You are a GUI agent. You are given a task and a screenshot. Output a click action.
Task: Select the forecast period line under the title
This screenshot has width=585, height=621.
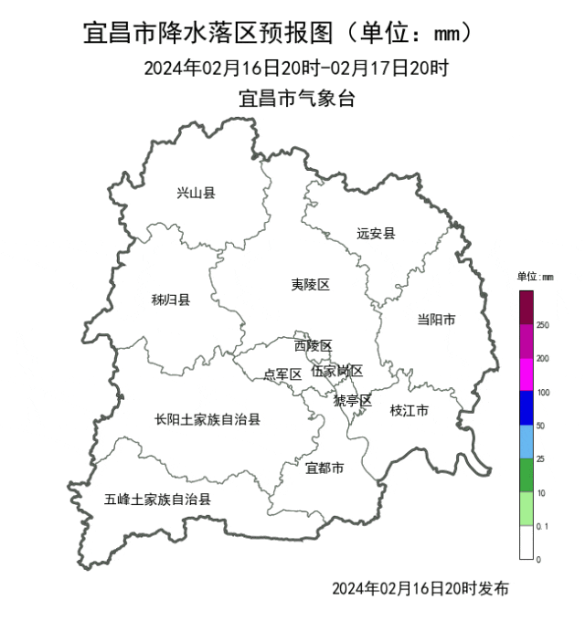tap(296, 68)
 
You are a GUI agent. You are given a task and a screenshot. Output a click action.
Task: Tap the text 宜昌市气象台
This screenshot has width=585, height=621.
tap(296, 99)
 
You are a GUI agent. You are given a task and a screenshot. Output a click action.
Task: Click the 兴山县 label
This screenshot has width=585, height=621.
tap(196, 193)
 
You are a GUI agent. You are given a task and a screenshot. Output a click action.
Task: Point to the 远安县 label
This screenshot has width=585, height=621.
tap(376, 233)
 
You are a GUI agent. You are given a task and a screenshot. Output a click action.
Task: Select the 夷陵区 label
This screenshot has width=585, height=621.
tap(310, 285)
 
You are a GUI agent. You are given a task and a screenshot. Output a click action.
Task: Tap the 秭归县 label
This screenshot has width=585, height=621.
tap(170, 300)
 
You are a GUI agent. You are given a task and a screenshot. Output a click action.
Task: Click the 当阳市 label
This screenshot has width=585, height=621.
tap(436, 319)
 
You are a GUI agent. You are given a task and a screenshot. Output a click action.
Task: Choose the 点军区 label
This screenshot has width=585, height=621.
tap(282, 374)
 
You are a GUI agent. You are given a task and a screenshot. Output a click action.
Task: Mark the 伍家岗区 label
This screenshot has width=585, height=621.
tap(337, 371)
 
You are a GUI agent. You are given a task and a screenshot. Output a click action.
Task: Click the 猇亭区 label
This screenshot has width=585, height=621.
tap(352, 400)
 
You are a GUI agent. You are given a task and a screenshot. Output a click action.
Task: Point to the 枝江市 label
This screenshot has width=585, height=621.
tap(409, 410)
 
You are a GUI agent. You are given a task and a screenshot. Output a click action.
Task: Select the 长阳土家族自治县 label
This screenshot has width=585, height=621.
tap(207, 420)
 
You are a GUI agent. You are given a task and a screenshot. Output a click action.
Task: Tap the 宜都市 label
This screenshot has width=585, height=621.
tap(324, 468)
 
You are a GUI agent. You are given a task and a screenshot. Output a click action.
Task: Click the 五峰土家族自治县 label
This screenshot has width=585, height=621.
tap(157, 500)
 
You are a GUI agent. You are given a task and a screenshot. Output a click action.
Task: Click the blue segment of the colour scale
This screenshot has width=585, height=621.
tap(526, 408)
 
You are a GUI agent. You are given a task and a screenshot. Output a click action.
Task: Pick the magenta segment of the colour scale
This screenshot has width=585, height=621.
tap(526, 374)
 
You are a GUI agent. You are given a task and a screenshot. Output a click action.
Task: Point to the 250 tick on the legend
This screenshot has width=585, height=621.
tap(543, 325)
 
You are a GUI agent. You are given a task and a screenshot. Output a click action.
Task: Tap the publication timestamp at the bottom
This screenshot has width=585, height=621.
tap(420, 587)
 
